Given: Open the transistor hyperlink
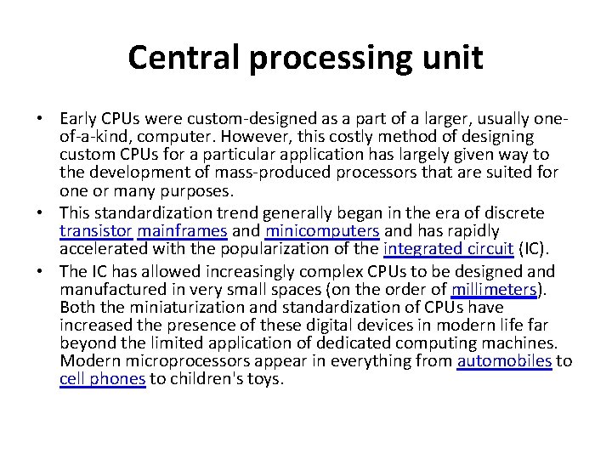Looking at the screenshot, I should click(x=95, y=231).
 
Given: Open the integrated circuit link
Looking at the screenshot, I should click(x=448, y=249).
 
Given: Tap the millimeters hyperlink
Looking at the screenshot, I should click(x=496, y=290).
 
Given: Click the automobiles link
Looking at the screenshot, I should click(x=505, y=361).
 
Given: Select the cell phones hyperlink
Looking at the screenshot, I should click(x=102, y=379).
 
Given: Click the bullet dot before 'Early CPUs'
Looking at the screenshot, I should click(x=50, y=117).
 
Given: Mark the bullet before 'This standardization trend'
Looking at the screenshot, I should click(x=50, y=213).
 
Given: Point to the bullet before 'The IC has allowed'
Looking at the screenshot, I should click(x=50, y=272).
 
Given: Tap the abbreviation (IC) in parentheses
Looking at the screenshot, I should click(x=535, y=249).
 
